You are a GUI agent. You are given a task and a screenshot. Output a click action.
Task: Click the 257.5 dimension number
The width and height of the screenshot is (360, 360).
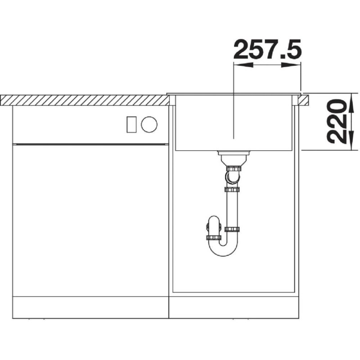tap(267, 49)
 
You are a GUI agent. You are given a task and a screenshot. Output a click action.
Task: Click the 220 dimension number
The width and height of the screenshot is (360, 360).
tap(336, 121)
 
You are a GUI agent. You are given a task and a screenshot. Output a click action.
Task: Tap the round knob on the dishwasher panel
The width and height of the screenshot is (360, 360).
tap(149, 125)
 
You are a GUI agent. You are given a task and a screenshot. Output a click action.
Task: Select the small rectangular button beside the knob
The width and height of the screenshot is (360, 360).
tap(131, 125)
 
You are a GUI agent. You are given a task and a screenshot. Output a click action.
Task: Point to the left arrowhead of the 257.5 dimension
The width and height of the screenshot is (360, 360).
tap(243, 65)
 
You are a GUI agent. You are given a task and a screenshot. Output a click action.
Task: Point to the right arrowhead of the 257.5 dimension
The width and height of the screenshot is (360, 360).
tap(291, 65)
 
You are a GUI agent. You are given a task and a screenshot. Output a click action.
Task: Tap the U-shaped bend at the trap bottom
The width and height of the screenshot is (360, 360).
tap(223, 250)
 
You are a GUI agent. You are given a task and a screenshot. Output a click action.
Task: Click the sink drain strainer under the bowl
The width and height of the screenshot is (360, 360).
tap(234, 157)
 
